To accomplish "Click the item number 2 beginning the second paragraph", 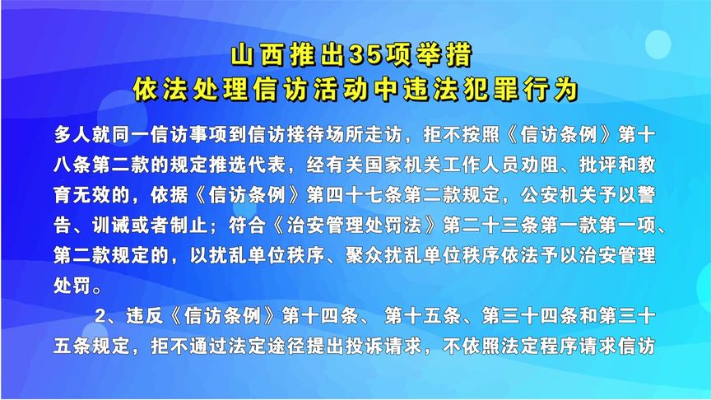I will [x=102, y=316].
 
